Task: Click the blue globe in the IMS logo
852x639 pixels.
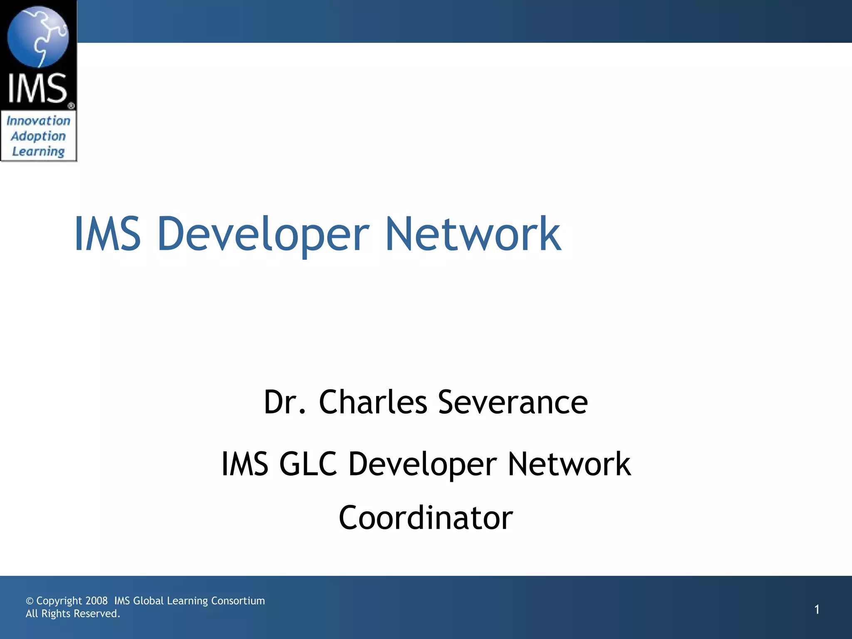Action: [38, 37]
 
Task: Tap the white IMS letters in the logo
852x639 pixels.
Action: [37, 88]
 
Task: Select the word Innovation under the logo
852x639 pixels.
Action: [38, 121]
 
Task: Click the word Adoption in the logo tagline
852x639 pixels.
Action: [38, 136]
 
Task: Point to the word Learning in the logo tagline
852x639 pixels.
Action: [38, 151]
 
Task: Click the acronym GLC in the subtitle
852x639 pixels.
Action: [308, 463]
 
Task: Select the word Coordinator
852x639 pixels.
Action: [426, 518]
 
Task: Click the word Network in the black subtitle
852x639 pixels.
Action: [569, 463]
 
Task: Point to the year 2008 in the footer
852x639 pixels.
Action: [97, 601]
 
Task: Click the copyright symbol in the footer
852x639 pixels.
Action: [30, 601]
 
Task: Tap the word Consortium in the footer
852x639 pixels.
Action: [238, 601]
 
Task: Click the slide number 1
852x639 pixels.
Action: [817, 609]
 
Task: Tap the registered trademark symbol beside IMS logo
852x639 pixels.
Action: [71, 106]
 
